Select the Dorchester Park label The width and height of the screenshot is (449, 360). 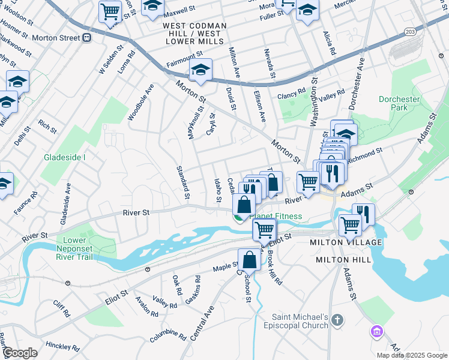(x=399, y=102)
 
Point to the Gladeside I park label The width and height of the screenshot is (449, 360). (x=65, y=158)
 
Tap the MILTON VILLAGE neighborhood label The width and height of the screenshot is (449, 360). (x=345, y=242)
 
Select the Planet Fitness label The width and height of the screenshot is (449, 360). (x=276, y=217)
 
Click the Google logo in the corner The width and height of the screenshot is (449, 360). (x=20, y=353)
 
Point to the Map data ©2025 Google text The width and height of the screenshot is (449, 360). (x=411, y=355)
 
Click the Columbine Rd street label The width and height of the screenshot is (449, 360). (x=168, y=335)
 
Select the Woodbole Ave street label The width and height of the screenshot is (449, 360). (x=141, y=103)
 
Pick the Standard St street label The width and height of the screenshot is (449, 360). (x=182, y=182)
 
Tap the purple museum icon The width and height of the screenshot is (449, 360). (x=377, y=331)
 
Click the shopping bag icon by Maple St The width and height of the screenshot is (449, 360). (x=249, y=259)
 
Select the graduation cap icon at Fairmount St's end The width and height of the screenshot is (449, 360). (x=200, y=69)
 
